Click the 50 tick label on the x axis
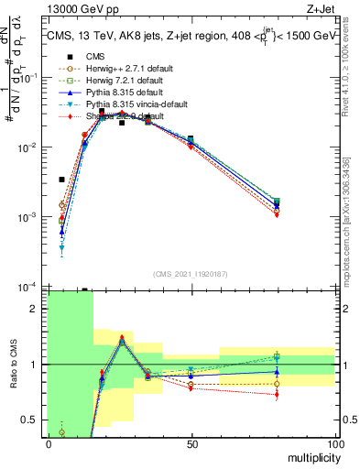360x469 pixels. pyautogui.click(x=191, y=443)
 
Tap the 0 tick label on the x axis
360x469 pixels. pyautogui.click(x=49, y=443)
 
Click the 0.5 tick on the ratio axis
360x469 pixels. pyautogui.click(x=34, y=420)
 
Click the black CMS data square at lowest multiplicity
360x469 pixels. pyautogui.click(x=62, y=180)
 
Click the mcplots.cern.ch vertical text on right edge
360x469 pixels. pyautogui.click(x=349, y=229)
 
